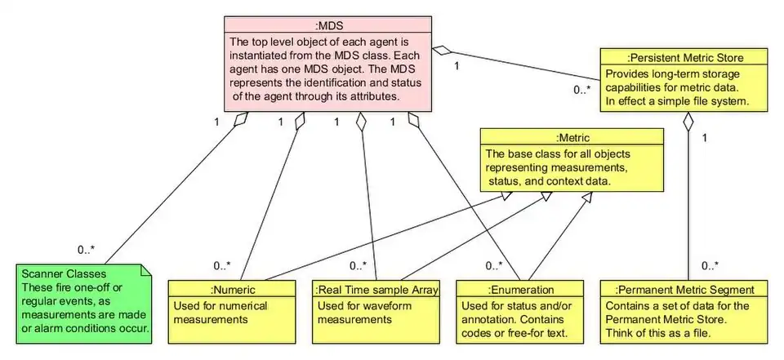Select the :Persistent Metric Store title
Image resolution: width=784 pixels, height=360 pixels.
684,56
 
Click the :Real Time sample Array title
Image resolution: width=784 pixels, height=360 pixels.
376,289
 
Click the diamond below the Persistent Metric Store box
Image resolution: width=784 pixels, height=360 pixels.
688,122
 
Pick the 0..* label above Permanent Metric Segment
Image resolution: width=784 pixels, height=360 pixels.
710,264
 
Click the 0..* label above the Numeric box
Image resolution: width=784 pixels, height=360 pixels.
222,265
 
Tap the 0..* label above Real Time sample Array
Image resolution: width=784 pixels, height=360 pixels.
357,265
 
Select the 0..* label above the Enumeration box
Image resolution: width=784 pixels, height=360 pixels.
492,265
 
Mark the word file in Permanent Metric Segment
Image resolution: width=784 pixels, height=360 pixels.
702,333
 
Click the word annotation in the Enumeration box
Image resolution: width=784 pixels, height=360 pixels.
492,318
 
